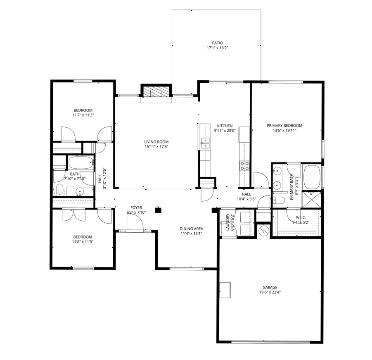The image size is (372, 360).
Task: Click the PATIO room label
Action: (217, 43)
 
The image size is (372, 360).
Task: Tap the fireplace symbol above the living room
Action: (156, 91)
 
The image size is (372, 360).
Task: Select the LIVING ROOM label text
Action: (156, 142)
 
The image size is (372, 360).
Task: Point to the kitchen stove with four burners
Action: (244, 165)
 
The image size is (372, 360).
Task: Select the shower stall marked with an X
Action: (312, 200)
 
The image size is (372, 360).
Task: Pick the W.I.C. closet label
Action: (301, 218)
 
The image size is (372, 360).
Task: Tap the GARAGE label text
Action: (270, 287)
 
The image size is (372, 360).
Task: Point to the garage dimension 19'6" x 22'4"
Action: (270, 293)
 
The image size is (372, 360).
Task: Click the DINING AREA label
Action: (191, 229)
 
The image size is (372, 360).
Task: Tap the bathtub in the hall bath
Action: (81, 162)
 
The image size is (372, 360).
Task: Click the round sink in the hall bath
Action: (80, 191)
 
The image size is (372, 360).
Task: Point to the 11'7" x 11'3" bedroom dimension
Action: (83, 115)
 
